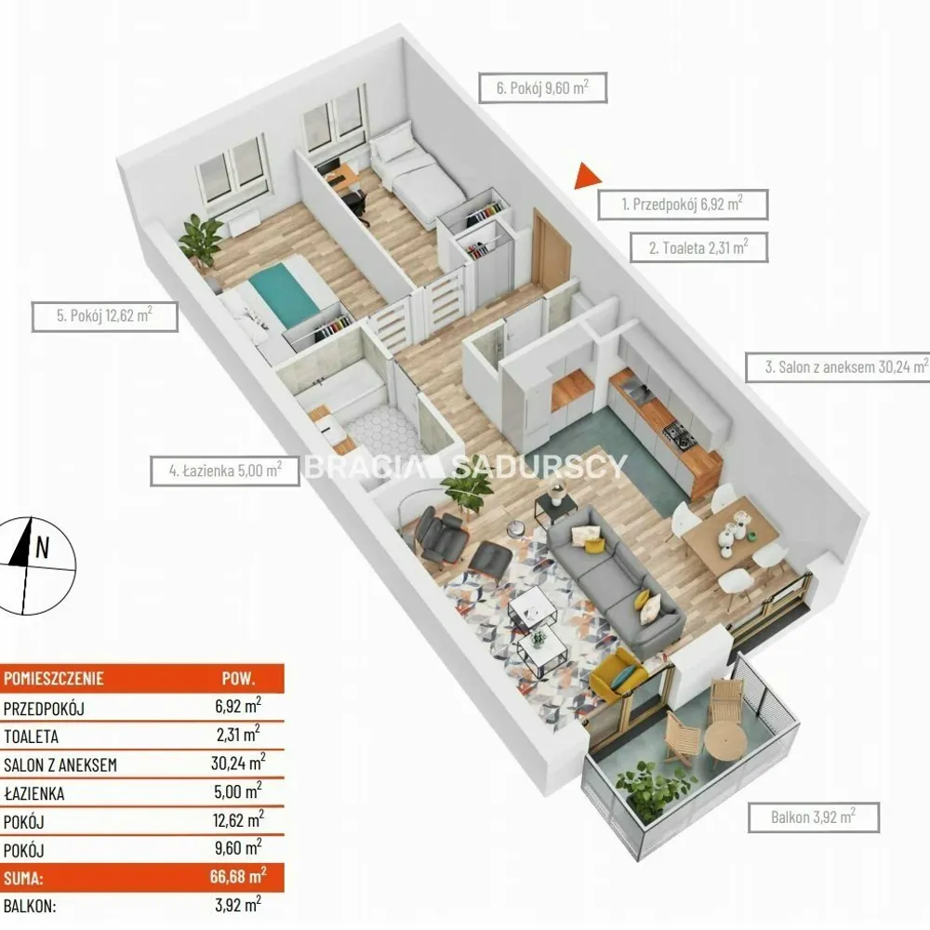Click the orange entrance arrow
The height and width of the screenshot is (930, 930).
(x=587, y=176)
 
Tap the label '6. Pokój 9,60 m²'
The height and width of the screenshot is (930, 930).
(x=543, y=87)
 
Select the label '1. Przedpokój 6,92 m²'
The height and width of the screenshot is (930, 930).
(x=683, y=204)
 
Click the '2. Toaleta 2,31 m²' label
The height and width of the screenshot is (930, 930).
(x=698, y=247)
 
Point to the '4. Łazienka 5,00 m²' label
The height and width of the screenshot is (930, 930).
(x=225, y=471)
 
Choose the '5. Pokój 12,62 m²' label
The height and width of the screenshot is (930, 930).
(x=104, y=315)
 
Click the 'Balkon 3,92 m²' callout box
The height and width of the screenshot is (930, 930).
(x=813, y=817)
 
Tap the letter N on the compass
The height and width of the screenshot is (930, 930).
(x=42, y=548)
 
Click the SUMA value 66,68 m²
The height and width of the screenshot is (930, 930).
(x=238, y=876)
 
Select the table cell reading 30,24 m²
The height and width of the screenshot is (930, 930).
(x=238, y=763)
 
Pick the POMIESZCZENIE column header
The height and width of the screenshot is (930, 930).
(x=54, y=679)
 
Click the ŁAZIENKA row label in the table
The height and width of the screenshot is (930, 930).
(x=33, y=793)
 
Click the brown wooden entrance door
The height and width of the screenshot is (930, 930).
(x=550, y=249)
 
